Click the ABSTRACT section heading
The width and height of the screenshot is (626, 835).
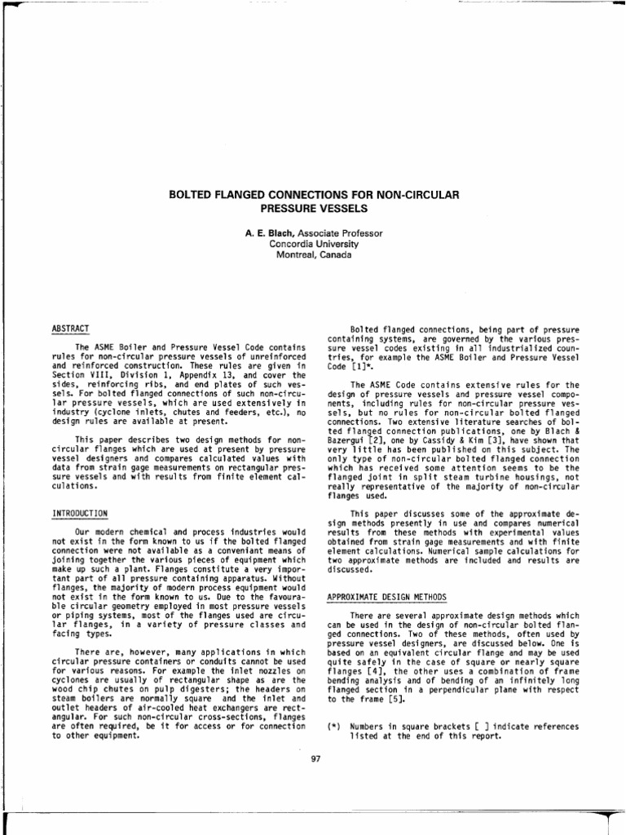(x=70, y=328)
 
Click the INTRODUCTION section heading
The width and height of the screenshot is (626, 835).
(x=80, y=513)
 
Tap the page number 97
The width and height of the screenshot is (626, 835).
(x=317, y=759)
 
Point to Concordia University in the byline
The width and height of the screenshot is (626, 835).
(x=313, y=243)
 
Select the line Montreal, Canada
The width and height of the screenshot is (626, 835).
(x=313, y=254)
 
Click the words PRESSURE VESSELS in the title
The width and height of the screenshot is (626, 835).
(x=313, y=209)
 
